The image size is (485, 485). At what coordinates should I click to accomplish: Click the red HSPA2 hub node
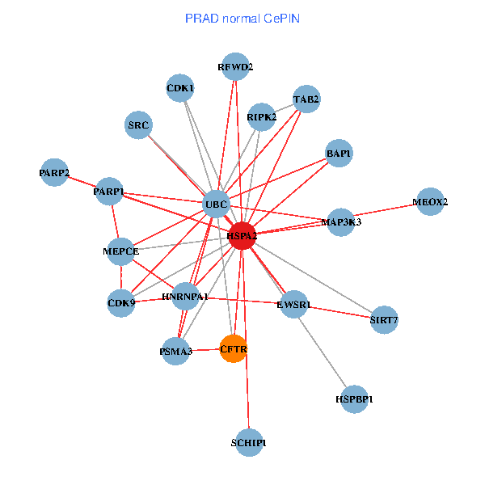[x=242, y=235]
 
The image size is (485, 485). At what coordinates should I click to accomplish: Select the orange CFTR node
[x=234, y=349]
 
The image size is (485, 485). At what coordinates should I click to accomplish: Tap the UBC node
[x=216, y=204]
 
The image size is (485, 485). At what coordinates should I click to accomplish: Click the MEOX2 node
[x=430, y=201]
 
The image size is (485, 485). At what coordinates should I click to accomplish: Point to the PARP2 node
[x=54, y=172]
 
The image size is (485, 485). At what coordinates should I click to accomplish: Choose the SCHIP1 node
[x=249, y=443]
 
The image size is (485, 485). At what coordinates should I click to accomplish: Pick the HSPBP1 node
[x=354, y=399]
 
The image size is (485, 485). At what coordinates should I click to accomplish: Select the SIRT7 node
[x=384, y=320]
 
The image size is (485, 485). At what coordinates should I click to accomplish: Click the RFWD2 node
[x=235, y=66]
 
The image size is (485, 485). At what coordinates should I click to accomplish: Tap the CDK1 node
[x=180, y=87]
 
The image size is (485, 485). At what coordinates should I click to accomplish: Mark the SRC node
[x=139, y=124]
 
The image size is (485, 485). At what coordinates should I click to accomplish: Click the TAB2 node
[x=306, y=99]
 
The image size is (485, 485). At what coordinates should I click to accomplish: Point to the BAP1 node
[x=339, y=152]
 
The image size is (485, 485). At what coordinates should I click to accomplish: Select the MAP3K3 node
[x=341, y=221]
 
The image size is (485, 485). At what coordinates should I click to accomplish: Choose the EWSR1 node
[x=293, y=305]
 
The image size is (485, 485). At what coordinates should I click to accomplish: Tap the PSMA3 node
[x=175, y=352]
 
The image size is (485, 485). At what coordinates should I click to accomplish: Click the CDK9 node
[x=121, y=303]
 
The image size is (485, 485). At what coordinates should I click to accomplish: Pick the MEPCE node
[x=121, y=251]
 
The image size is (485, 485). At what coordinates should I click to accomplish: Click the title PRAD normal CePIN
[x=242, y=18]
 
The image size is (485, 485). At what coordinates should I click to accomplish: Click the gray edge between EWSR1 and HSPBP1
[x=324, y=352]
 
